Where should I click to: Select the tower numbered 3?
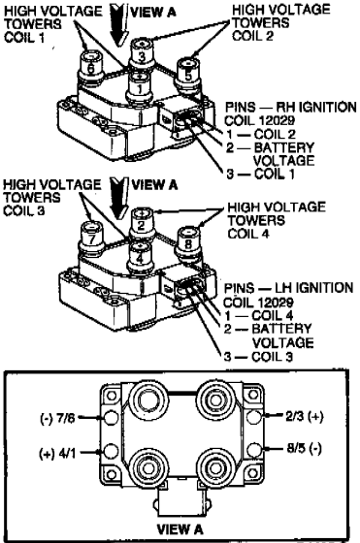click(x=142, y=53)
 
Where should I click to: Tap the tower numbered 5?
click(x=188, y=74)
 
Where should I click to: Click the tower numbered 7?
click(x=92, y=239)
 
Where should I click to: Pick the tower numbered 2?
click(x=142, y=224)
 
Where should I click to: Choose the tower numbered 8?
click(x=188, y=243)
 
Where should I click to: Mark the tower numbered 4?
click(x=140, y=257)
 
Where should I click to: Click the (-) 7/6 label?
click(x=57, y=418)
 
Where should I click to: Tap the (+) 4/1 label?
click(x=57, y=453)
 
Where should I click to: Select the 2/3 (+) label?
click(x=304, y=416)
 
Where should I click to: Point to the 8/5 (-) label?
click(x=304, y=448)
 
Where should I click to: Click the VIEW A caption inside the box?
click(x=180, y=528)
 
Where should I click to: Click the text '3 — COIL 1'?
click(x=260, y=174)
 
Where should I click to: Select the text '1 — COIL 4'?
click(x=258, y=315)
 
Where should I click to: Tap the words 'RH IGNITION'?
click(x=317, y=107)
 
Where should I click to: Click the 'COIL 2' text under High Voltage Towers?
click(x=253, y=36)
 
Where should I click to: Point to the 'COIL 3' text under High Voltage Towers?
click(x=24, y=210)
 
